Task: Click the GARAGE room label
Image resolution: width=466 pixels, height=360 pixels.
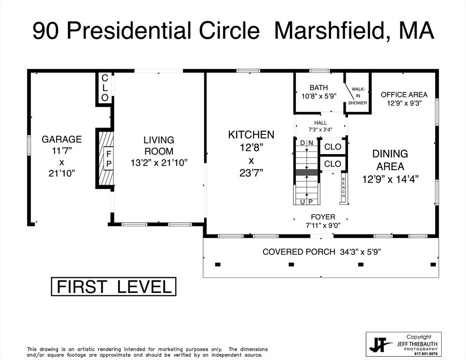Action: coord(61,139)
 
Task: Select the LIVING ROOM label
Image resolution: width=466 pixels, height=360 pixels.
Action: coord(158,145)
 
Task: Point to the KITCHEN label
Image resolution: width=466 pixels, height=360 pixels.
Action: coord(251,135)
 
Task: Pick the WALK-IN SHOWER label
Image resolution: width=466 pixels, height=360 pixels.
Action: coord(358,96)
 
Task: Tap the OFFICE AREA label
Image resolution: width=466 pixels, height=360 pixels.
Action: coord(404,95)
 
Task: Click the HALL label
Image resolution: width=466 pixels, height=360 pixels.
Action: coord(321,123)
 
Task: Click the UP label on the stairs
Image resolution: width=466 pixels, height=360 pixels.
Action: coord(307,201)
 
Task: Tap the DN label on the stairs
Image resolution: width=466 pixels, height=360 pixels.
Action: coord(307,142)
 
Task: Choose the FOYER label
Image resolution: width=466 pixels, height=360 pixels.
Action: coord(323,217)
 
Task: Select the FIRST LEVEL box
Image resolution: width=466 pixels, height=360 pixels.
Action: coord(113,286)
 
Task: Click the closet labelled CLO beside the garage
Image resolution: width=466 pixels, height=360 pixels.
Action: coord(105,88)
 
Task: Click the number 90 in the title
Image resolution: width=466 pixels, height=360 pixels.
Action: coord(46,31)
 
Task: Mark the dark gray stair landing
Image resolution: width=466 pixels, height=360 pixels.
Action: coord(307,172)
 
